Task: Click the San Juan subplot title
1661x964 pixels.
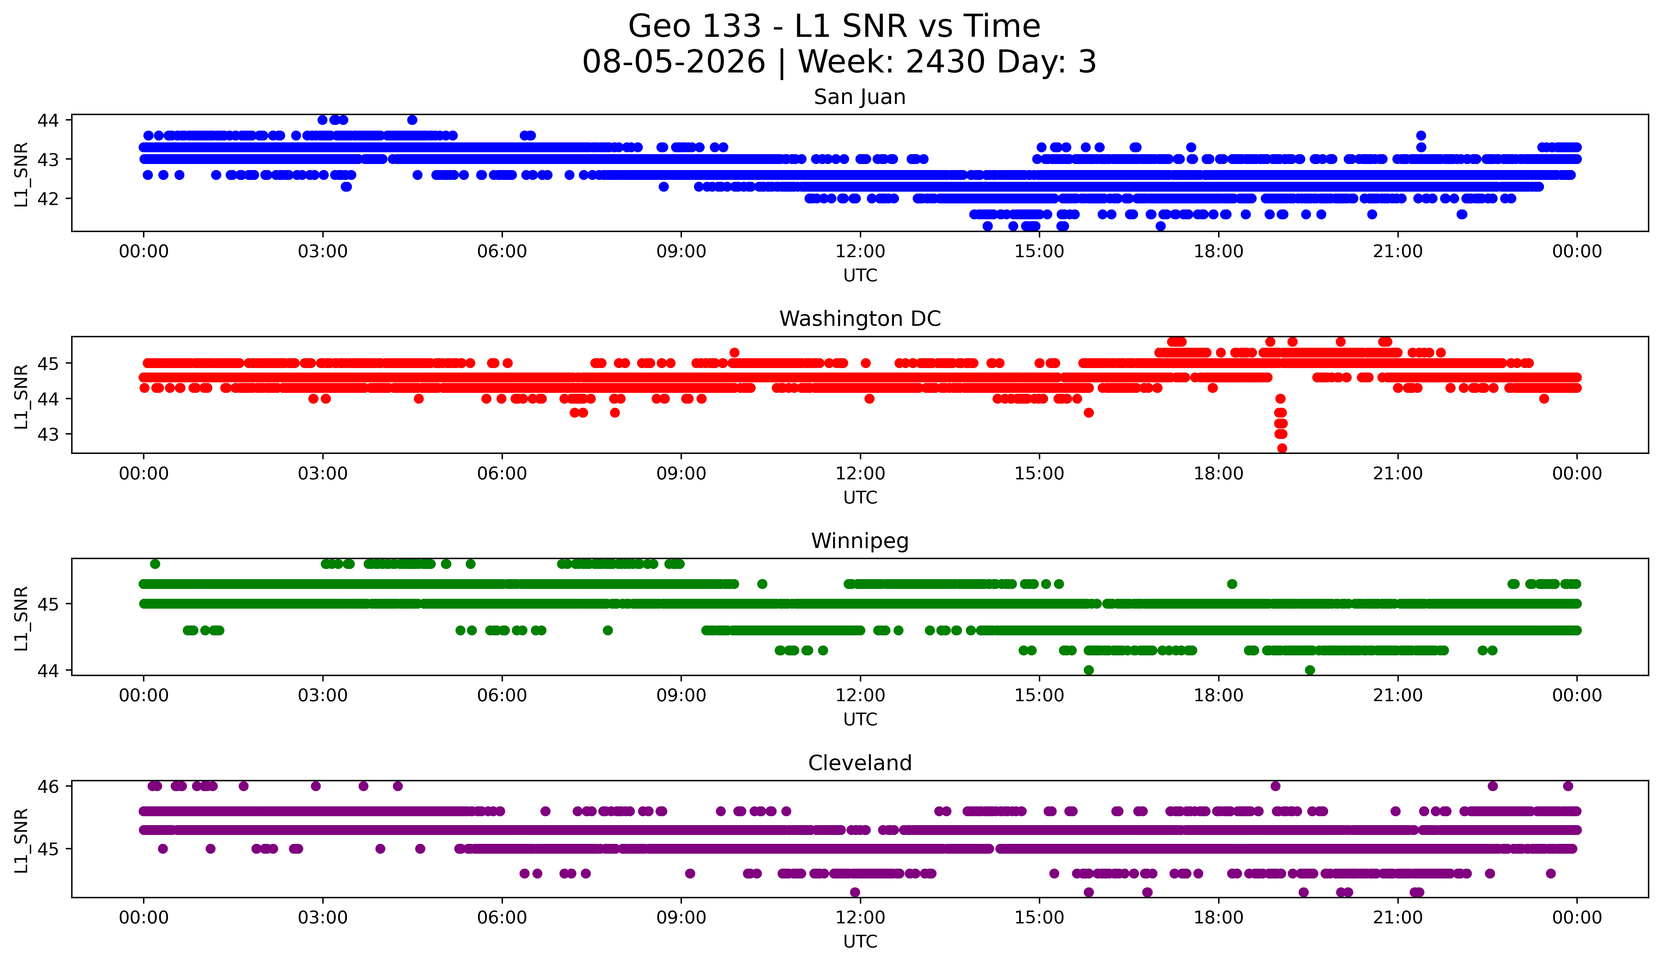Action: [x=860, y=97]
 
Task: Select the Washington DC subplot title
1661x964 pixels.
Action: [x=860, y=319]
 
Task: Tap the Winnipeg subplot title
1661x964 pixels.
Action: [x=860, y=541]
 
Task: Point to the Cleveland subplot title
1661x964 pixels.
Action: [x=860, y=763]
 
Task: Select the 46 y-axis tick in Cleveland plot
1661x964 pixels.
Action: [x=48, y=786]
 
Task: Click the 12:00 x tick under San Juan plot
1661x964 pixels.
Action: [x=860, y=252]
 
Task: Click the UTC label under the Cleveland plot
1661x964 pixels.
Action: [x=860, y=942]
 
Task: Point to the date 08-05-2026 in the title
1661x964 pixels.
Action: [x=674, y=62]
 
